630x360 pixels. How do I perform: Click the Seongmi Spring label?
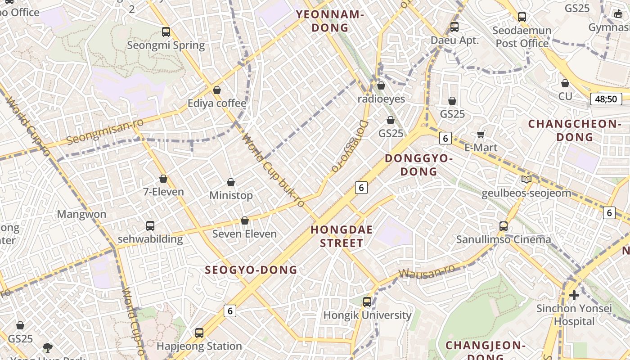click(166, 45)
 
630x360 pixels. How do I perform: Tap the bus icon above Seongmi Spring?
click(166, 32)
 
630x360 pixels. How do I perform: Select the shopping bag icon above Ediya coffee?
click(217, 90)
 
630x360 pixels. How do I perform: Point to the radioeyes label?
click(381, 99)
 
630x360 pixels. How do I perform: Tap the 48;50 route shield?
click(606, 99)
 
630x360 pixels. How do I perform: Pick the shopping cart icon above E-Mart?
click(481, 134)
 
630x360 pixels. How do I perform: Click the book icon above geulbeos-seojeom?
click(526, 180)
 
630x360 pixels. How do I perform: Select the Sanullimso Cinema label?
click(504, 239)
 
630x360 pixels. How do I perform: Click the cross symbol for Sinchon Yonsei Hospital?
click(574, 295)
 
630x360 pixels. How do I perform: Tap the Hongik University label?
click(367, 315)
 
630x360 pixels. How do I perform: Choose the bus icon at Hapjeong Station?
click(199, 333)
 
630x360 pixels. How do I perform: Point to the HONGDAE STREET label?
click(342, 237)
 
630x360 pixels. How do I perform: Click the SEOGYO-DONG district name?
click(251, 270)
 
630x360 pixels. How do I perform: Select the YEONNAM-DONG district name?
click(330, 21)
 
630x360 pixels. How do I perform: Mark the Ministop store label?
click(231, 196)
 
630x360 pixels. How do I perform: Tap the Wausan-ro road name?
click(427, 272)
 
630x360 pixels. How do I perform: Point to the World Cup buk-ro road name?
click(274, 171)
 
